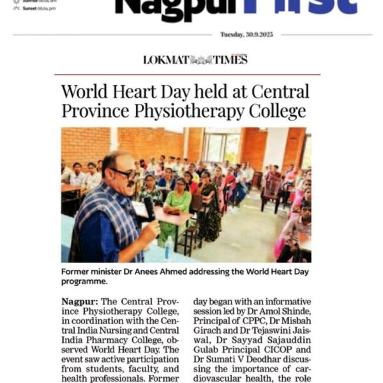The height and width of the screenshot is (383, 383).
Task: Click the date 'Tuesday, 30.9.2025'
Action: pyautogui.click(x=246, y=34)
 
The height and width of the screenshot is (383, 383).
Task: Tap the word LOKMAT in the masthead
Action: pyautogui.click(x=166, y=60)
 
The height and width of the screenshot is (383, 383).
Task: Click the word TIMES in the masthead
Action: pyautogui.click(x=230, y=60)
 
